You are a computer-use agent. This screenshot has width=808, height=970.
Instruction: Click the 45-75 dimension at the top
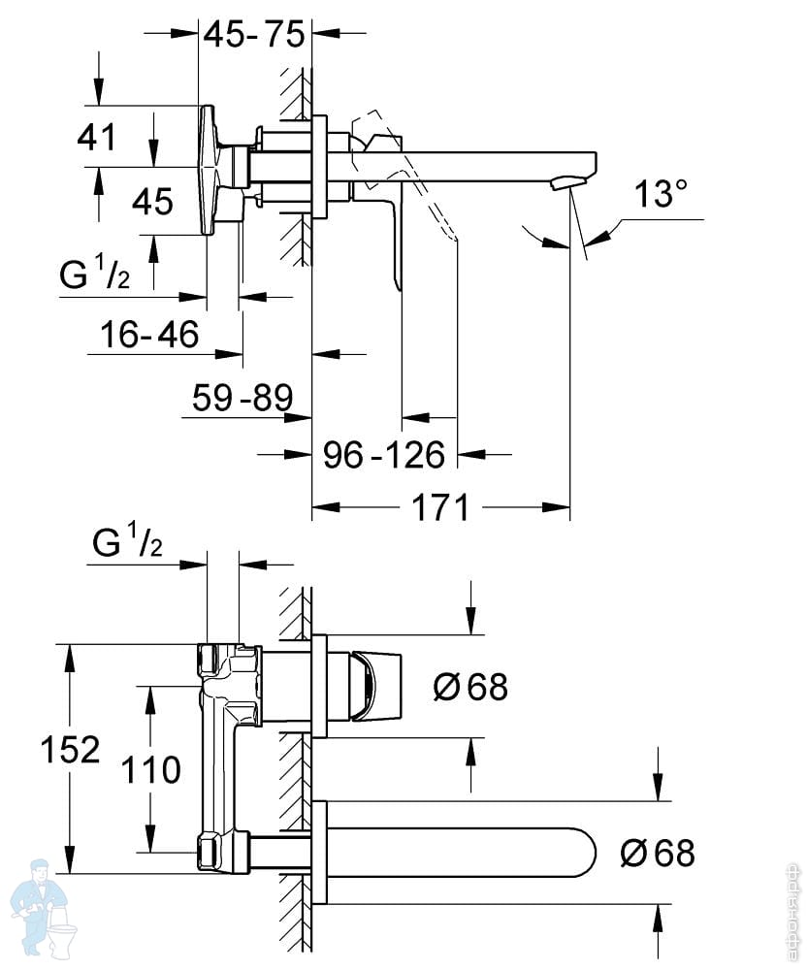coord(253,35)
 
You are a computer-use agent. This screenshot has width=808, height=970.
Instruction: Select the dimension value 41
coord(97,136)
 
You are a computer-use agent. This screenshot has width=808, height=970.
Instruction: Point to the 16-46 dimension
coord(149,336)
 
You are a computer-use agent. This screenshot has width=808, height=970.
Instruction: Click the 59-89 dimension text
coord(242,398)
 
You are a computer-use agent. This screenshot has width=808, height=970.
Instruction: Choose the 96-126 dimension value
coord(383,454)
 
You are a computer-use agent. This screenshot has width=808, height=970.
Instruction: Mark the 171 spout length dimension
coord(440,506)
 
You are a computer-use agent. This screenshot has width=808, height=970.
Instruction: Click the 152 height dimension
coord(70,749)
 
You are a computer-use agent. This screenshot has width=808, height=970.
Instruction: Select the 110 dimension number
coord(150,770)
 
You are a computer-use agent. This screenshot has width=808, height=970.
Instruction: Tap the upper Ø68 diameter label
coord(469,688)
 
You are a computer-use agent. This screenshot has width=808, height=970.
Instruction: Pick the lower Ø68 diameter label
coord(658,854)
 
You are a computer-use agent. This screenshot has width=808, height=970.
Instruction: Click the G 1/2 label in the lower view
coord(127,545)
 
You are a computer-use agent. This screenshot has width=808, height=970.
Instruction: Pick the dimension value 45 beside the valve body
coord(151,202)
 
